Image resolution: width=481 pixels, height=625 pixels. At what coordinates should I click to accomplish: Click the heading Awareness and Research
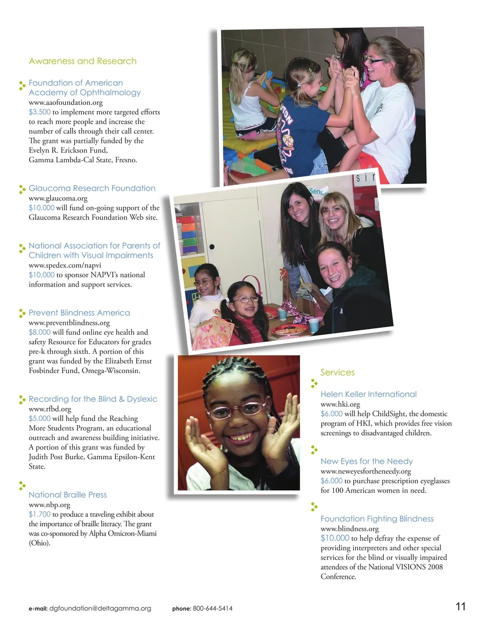[x=83, y=61]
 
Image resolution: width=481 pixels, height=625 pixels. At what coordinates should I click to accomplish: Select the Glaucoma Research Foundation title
[x=92, y=188]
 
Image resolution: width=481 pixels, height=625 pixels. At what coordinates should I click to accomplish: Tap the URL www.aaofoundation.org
[x=66, y=102]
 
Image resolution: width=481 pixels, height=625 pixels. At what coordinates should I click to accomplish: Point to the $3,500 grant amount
[x=40, y=112]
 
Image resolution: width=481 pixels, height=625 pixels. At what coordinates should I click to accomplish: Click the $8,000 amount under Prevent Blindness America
[x=40, y=332]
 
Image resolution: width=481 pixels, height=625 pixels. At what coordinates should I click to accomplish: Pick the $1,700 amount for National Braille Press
[x=40, y=514]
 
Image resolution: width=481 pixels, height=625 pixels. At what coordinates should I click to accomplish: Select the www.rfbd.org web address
[x=50, y=409]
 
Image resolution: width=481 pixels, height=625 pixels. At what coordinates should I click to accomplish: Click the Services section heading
[x=337, y=372]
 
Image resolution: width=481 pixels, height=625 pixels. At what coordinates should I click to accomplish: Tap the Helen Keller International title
[x=368, y=394]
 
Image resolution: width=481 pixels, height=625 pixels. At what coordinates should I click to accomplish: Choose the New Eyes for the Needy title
[x=366, y=461]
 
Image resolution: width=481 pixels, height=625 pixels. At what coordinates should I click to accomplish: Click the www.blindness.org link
[x=349, y=529]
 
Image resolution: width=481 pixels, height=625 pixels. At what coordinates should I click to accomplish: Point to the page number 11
[x=460, y=606]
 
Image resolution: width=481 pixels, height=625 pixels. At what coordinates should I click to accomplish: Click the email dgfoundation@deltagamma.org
[x=100, y=608]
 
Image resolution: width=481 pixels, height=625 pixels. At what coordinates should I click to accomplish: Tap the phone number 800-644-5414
[x=212, y=608]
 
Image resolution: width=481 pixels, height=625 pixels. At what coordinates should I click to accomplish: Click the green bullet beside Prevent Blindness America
[x=22, y=313]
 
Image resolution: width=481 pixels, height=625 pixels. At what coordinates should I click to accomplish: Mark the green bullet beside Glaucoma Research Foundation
[x=22, y=189]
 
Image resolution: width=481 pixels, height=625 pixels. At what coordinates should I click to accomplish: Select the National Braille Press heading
[x=68, y=495]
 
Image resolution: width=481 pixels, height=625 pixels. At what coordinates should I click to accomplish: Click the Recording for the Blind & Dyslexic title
[x=93, y=399]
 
